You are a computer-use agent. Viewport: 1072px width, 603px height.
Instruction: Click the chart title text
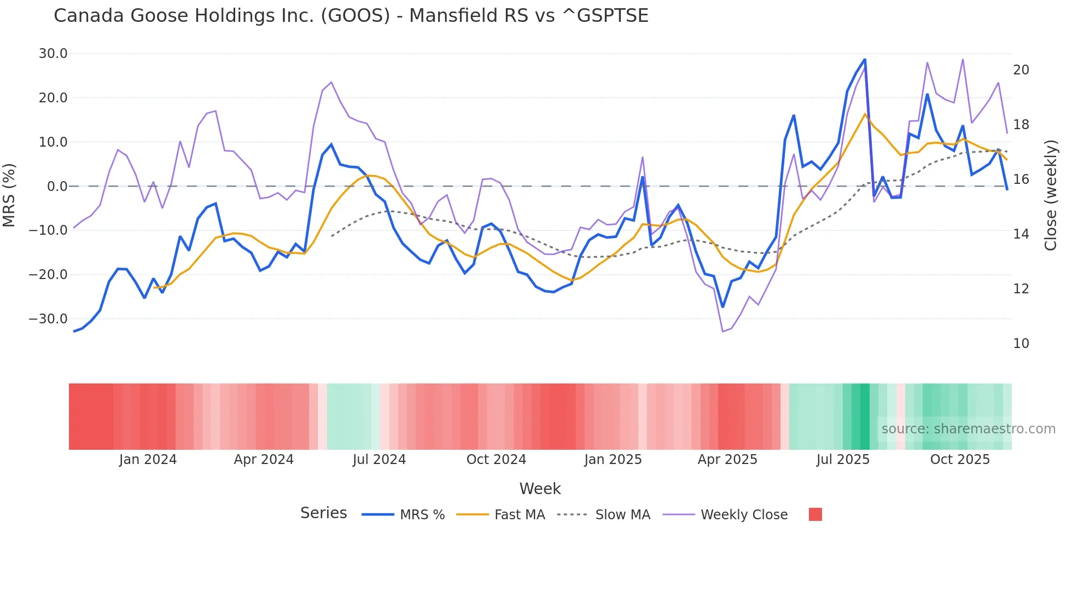click(351, 16)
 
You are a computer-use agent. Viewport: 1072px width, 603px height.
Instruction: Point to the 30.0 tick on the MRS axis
click(53, 54)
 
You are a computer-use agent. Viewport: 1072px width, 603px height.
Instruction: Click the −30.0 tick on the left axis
click(49, 319)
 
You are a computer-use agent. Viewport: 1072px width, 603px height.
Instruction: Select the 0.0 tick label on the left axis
click(57, 187)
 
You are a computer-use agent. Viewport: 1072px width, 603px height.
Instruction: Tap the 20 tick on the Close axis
click(1021, 70)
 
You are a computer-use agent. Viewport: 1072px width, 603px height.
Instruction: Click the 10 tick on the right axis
click(1021, 344)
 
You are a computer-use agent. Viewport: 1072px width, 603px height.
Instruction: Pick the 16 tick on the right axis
click(1021, 179)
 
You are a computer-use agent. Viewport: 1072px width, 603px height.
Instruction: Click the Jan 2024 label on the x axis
click(148, 460)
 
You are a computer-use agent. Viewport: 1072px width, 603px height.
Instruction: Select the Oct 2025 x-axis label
click(960, 460)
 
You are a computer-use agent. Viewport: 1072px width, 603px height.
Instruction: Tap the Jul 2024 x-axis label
click(379, 460)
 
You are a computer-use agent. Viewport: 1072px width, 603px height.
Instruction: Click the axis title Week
click(540, 489)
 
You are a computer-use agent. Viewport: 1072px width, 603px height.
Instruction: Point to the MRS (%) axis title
click(9, 195)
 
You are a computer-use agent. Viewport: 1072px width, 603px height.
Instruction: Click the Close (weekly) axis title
click(1051, 195)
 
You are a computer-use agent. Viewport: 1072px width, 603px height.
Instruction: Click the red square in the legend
click(815, 514)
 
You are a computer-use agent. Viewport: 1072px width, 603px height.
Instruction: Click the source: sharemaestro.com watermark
click(968, 429)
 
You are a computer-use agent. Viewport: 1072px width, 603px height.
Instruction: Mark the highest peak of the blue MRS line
click(865, 60)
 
